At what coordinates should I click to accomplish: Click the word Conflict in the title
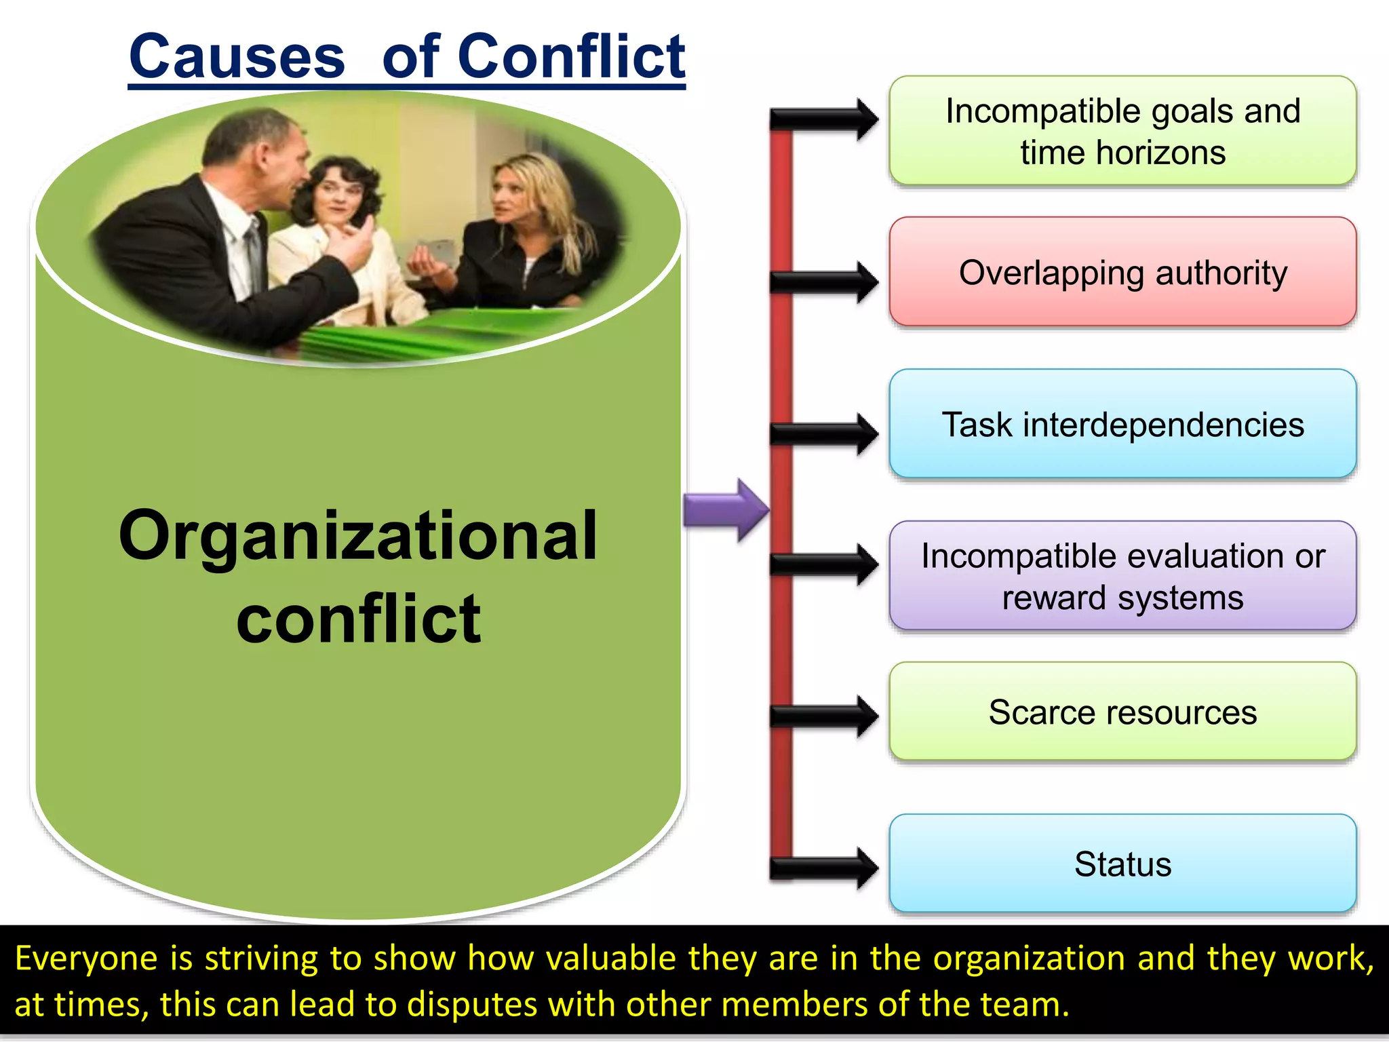coord(571,57)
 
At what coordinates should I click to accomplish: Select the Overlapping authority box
coord(1122,272)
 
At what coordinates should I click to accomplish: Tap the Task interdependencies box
coord(1122,425)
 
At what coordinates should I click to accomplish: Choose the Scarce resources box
coord(1122,712)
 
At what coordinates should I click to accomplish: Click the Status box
coord(1122,864)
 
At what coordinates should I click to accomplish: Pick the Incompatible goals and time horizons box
coord(1122,131)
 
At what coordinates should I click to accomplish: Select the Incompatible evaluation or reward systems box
coord(1122,576)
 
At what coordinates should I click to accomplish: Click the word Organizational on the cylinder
coord(358,536)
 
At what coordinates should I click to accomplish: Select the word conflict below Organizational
coord(358,619)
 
